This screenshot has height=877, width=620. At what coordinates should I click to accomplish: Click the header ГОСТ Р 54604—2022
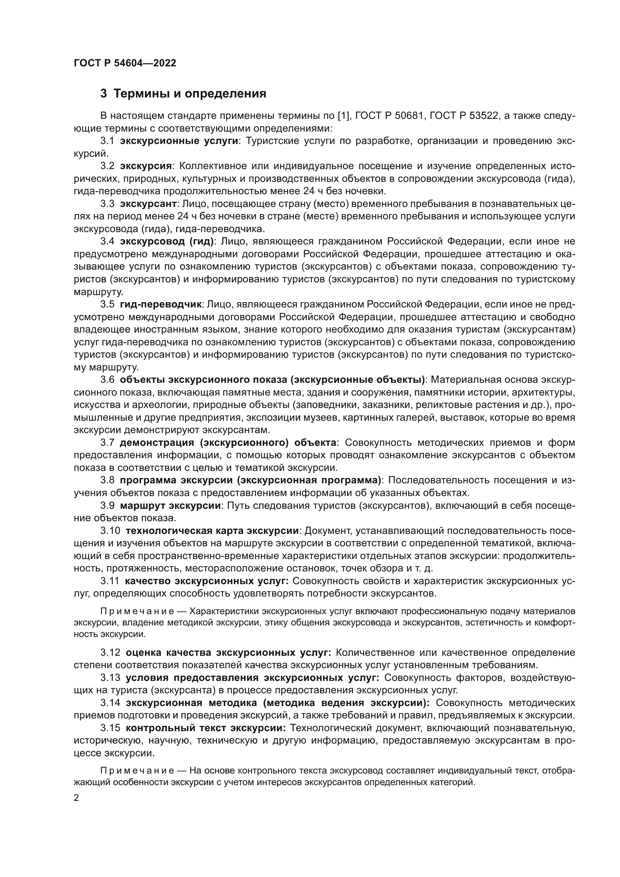pyautogui.click(x=125, y=63)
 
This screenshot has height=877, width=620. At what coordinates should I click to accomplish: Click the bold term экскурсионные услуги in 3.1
pyautogui.click(x=179, y=141)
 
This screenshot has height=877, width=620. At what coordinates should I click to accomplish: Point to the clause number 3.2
pyautogui.click(x=107, y=166)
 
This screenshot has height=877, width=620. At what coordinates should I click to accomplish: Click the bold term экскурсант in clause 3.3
pyautogui.click(x=148, y=204)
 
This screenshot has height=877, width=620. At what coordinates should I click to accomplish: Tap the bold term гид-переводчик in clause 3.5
pyautogui.click(x=160, y=304)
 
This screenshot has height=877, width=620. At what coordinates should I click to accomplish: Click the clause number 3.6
pyautogui.click(x=107, y=380)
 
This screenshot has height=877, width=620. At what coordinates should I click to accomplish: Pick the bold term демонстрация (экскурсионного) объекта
pyautogui.click(x=228, y=443)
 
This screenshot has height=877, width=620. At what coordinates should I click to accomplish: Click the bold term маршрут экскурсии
pyautogui.click(x=170, y=506)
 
